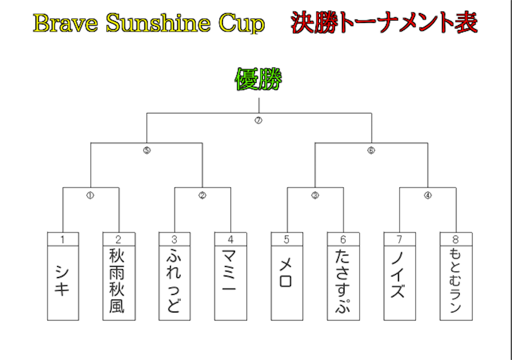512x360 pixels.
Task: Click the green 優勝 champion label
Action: (x=258, y=79)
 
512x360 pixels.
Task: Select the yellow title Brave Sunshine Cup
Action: (x=148, y=23)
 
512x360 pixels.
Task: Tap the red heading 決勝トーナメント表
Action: (x=384, y=23)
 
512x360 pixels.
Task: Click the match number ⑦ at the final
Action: (x=258, y=120)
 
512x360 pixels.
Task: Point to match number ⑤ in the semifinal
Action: (x=146, y=150)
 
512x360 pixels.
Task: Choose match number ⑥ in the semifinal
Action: (x=371, y=150)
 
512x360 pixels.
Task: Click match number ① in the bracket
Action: (x=90, y=195)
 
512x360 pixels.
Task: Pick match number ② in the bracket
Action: (x=202, y=195)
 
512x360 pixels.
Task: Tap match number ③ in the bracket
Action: (x=315, y=195)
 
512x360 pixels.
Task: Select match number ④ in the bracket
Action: (x=427, y=195)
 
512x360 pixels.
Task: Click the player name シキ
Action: (x=62, y=281)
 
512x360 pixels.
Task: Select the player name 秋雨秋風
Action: (x=118, y=281)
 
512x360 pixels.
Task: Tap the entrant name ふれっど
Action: (x=174, y=281)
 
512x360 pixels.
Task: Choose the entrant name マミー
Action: (x=230, y=281)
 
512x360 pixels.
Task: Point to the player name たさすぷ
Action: (x=343, y=282)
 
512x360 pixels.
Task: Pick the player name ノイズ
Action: (x=399, y=281)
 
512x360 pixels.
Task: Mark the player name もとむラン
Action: (x=455, y=281)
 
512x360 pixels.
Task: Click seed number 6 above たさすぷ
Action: (x=343, y=239)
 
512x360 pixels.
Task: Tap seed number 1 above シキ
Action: (x=62, y=239)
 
